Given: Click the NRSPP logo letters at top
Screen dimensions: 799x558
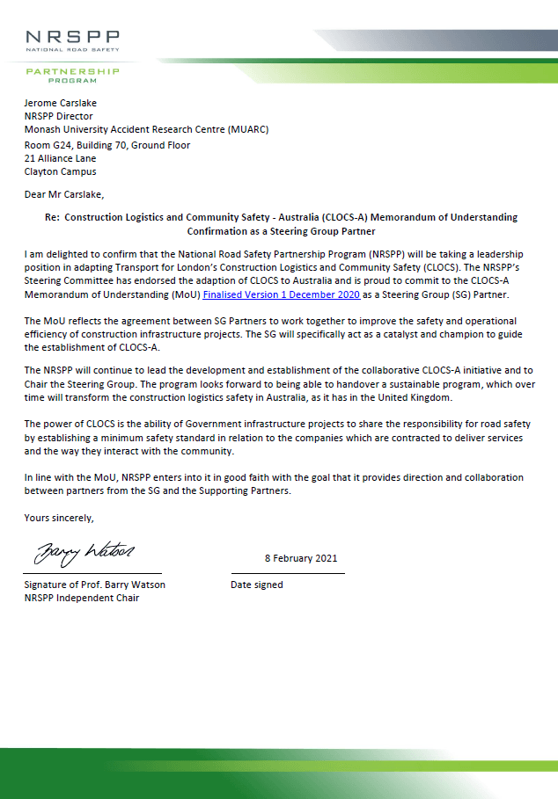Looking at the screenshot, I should point(72,37).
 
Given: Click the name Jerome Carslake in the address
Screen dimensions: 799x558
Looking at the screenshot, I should point(61,103).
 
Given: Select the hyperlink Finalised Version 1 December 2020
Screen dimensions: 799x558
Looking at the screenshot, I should point(281,294).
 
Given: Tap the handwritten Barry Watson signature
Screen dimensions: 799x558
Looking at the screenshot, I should point(84,553).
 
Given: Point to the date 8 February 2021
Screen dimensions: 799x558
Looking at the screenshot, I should point(301,558).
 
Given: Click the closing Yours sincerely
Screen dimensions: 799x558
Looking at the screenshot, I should point(59,518).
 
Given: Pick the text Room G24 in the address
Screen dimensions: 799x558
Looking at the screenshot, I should point(47,145).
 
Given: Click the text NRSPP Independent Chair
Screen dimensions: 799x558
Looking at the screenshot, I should point(82,598).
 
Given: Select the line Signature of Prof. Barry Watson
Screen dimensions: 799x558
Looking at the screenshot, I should point(95,585).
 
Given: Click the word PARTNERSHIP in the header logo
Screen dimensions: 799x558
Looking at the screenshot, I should point(72,69).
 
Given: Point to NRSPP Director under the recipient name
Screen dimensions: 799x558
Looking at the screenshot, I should point(59,116).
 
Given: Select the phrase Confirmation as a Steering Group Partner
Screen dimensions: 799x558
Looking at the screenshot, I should point(281,231).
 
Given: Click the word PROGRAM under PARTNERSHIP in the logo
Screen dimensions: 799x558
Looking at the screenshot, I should point(72,80).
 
